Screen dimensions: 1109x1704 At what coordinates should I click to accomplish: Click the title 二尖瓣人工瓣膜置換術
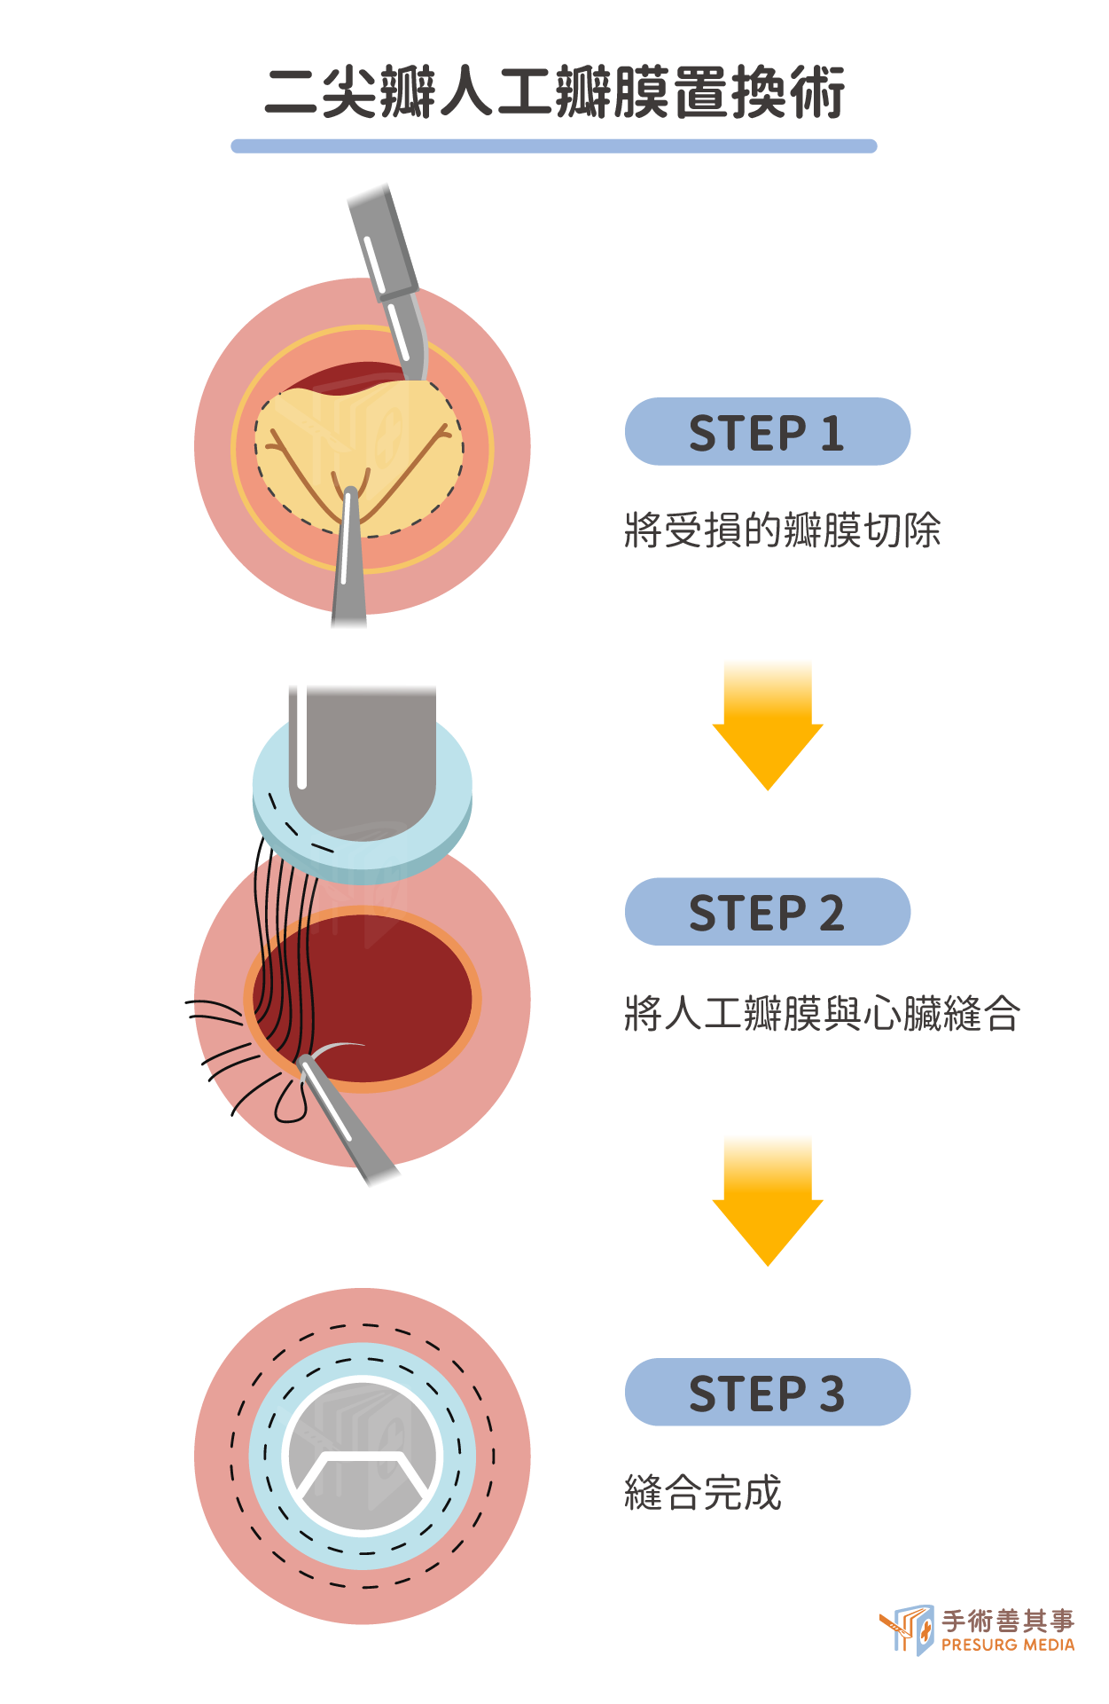pos(554,92)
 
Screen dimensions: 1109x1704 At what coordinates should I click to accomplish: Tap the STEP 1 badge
pos(768,432)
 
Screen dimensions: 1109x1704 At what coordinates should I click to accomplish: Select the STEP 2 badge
pos(768,912)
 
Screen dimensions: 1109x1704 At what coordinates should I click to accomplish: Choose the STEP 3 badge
pos(768,1392)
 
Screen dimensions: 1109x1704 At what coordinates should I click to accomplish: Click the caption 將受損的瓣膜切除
pos(782,530)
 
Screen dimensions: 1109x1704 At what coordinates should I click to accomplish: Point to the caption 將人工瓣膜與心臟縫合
pos(822,1012)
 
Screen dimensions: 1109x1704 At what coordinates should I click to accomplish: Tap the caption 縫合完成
pos(703,1492)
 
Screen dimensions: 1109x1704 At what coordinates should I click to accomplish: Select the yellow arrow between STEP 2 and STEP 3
pos(768,1201)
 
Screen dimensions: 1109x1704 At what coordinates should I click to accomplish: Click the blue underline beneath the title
pos(554,146)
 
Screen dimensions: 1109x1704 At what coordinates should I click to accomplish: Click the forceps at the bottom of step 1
pos(349,559)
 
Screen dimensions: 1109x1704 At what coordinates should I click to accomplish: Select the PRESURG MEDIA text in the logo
pos(1008,1645)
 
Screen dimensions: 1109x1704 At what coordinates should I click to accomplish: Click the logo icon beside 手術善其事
pos(907,1629)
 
